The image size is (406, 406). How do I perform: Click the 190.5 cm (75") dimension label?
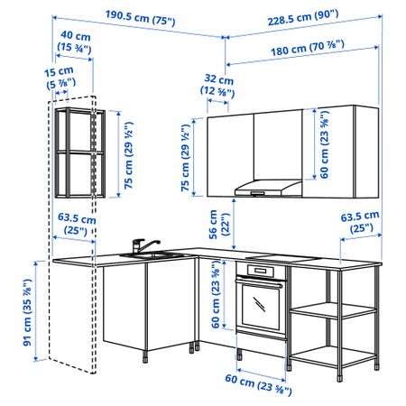point(140,17)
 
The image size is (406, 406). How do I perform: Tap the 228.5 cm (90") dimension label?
point(303,17)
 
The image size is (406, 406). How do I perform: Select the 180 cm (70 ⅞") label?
point(308,49)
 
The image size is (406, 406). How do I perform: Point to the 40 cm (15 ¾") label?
point(75,42)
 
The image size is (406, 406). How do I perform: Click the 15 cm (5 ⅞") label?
point(60,78)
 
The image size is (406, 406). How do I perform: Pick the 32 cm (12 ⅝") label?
point(217,85)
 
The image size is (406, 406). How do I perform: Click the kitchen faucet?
point(143,245)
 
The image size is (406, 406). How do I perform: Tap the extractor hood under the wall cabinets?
point(268,188)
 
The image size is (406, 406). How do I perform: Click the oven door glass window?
point(260,306)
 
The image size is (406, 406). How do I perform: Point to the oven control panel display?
point(261,271)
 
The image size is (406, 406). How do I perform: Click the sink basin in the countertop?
point(152,255)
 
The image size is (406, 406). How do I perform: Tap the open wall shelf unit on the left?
point(80,152)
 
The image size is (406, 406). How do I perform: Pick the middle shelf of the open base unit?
point(333,310)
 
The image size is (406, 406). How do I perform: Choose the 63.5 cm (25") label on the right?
point(360,222)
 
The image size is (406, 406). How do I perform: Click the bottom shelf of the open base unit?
point(333,356)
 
